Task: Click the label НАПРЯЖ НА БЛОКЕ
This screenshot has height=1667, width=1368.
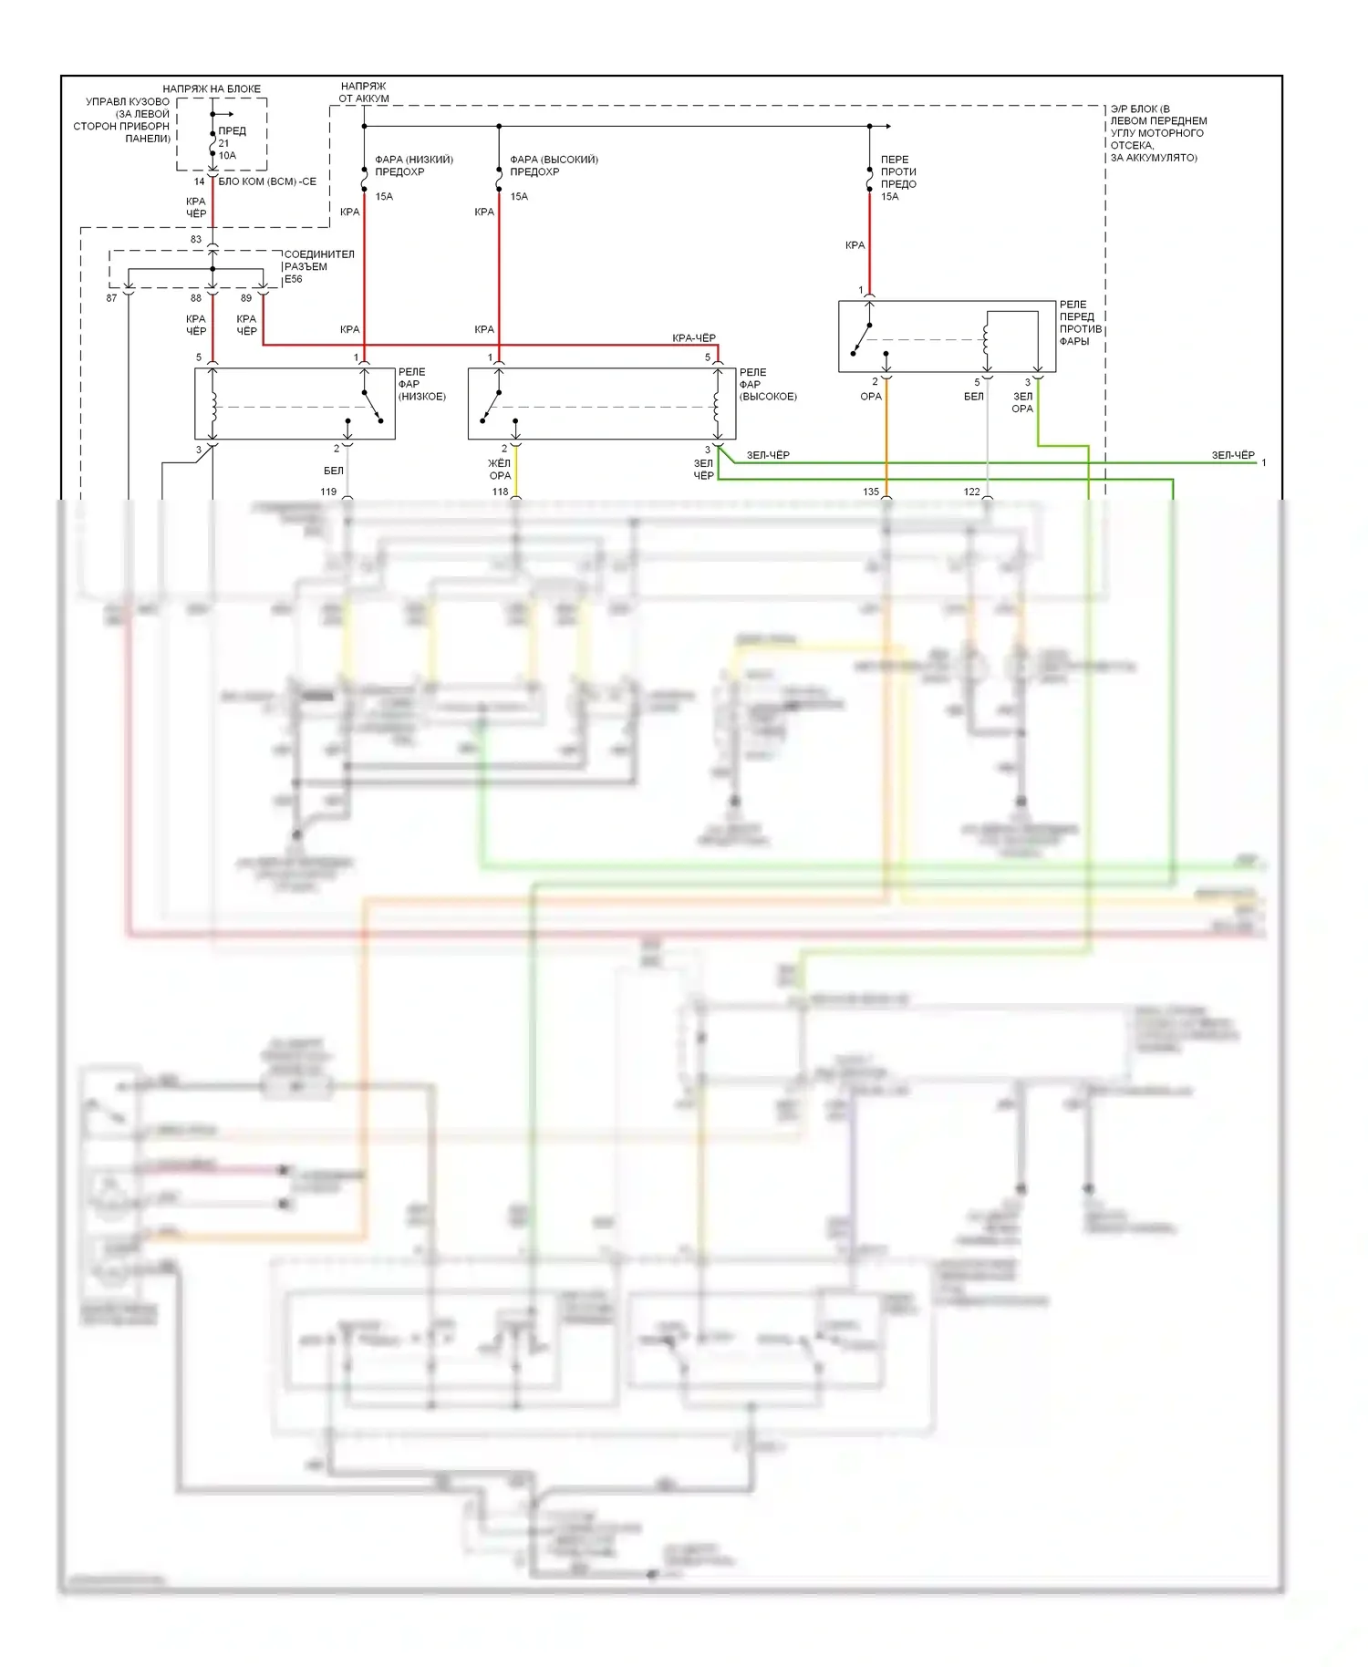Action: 212,88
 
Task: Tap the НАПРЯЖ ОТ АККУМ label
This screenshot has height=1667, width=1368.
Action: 364,92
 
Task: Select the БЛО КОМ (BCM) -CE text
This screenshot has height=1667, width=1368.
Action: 267,181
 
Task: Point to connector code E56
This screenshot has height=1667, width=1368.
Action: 293,279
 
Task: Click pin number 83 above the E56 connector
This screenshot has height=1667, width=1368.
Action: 196,239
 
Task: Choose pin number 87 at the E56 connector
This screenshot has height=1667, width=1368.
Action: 111,298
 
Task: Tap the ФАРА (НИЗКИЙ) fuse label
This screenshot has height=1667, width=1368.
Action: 413,165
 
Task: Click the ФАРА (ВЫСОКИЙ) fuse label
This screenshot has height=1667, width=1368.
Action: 554,165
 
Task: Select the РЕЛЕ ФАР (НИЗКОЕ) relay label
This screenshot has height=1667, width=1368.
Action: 421,384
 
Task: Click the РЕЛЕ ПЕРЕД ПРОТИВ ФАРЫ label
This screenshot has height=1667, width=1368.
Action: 1080,323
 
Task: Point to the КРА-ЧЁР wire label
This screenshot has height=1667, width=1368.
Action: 693,338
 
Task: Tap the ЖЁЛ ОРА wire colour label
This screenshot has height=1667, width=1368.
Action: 500,470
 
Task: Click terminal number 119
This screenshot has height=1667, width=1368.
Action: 328,492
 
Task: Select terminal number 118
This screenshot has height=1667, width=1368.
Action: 500,492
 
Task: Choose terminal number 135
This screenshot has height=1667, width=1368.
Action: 871,492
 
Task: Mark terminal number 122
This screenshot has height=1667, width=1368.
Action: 971,492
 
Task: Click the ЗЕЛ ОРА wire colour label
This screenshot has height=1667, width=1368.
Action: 1022,402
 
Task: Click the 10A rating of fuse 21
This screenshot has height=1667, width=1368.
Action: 227,155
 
